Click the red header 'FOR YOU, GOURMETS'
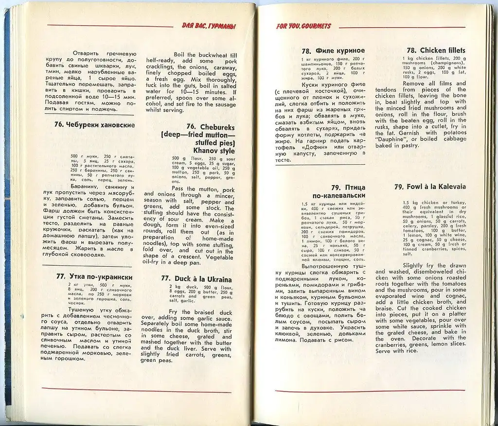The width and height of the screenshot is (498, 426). click(x=303, y=26)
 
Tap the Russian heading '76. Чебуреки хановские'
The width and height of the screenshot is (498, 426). click(x=94, y=124)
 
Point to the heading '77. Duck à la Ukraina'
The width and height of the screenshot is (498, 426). click(x=196, y=279)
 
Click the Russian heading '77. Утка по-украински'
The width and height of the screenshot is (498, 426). click(x=94, y=276)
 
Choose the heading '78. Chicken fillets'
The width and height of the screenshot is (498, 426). click(x=436, y=51)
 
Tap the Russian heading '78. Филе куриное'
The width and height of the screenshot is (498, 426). click(x=333, y=51)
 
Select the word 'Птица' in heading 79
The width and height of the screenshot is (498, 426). click(x=355, y=187)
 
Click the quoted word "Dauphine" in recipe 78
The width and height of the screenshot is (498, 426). click(x=391, y=138)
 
